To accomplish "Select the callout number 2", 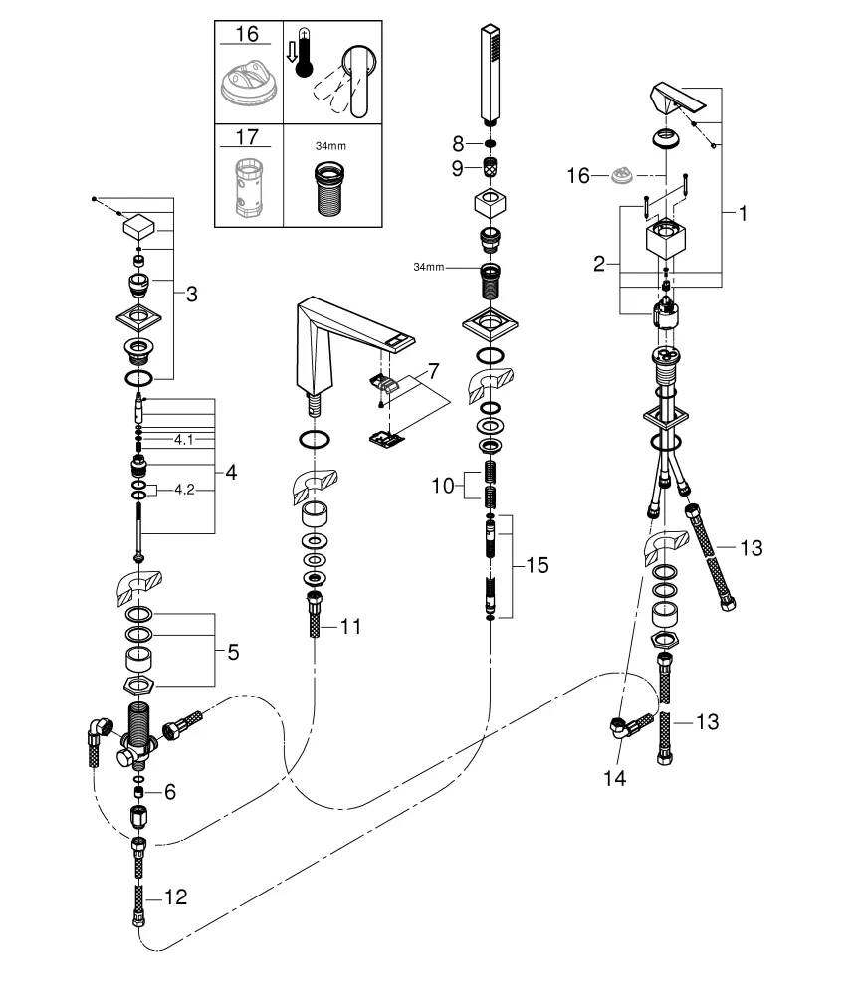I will coord(598,264).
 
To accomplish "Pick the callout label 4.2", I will coord(184,490).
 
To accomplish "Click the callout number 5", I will coord(232,653).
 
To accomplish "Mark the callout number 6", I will coord(169,792).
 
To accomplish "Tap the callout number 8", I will coord(457,143).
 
